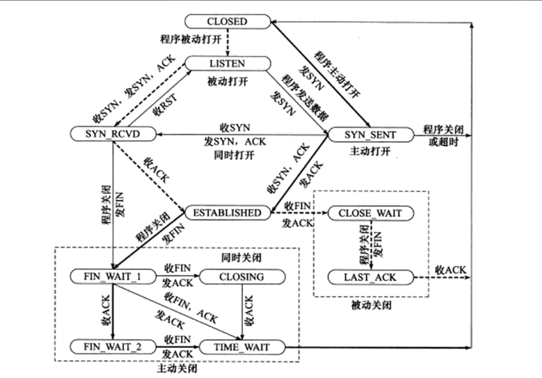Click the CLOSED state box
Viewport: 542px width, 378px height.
[227, 21]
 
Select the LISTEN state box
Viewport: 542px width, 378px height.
[227, 64]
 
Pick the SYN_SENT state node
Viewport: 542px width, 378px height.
[370, 134]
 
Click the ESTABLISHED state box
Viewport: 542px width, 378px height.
[227, 213]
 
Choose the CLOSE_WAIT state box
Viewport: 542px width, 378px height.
[370, 213]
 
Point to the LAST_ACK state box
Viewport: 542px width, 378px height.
[370, 277]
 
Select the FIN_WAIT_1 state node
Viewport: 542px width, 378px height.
[112, 277]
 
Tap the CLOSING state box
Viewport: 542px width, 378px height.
[242, 277]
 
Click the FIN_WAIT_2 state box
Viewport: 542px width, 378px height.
[112, 347]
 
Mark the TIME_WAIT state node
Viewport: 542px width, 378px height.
[242, 347]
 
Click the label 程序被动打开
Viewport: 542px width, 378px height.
[188, 37]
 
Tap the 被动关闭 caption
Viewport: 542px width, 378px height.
[371, 304]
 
